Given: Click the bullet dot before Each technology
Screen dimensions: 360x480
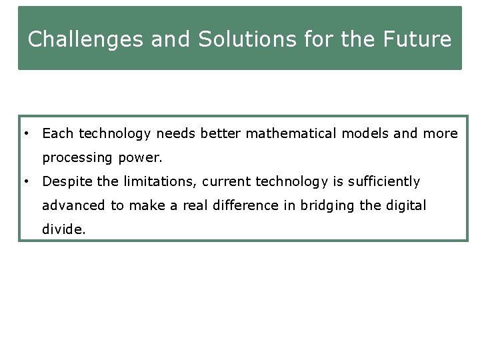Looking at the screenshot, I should coord(25,133).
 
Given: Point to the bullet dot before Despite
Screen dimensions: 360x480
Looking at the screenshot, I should coord(25,181).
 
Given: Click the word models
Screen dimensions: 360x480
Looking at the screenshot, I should coord(365,134).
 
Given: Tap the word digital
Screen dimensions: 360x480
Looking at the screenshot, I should coord(403,205).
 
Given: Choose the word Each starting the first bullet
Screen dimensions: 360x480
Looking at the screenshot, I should coord(57,134).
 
